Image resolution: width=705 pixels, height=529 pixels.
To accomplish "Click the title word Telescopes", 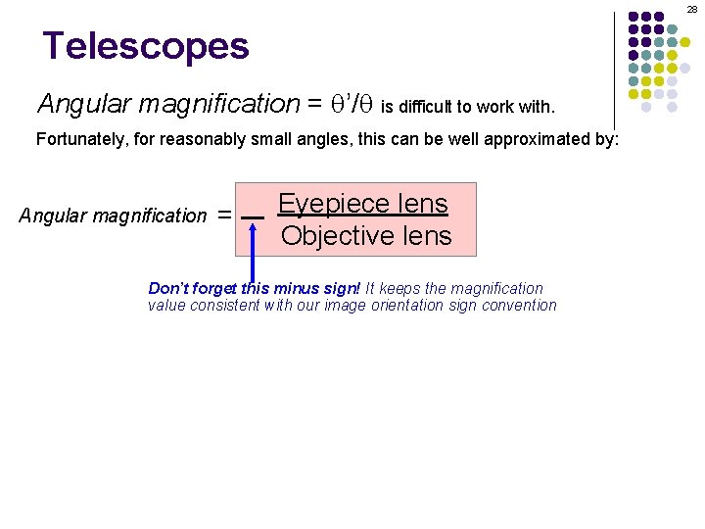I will click(146, 46).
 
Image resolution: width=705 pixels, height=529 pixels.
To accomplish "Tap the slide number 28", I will click(691, 9).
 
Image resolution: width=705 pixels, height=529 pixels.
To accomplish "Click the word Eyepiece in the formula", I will click(331, 204).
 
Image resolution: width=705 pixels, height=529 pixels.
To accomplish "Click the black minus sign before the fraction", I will click(253, 216).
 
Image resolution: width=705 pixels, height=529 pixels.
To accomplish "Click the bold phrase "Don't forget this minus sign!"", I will click(255, 288).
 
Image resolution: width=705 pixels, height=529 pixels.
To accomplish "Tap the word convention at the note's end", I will click(521, 305).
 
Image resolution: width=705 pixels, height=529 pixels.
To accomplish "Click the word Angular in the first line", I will click(74, 103).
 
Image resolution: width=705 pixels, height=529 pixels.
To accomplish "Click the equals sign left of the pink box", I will click(224, 215).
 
